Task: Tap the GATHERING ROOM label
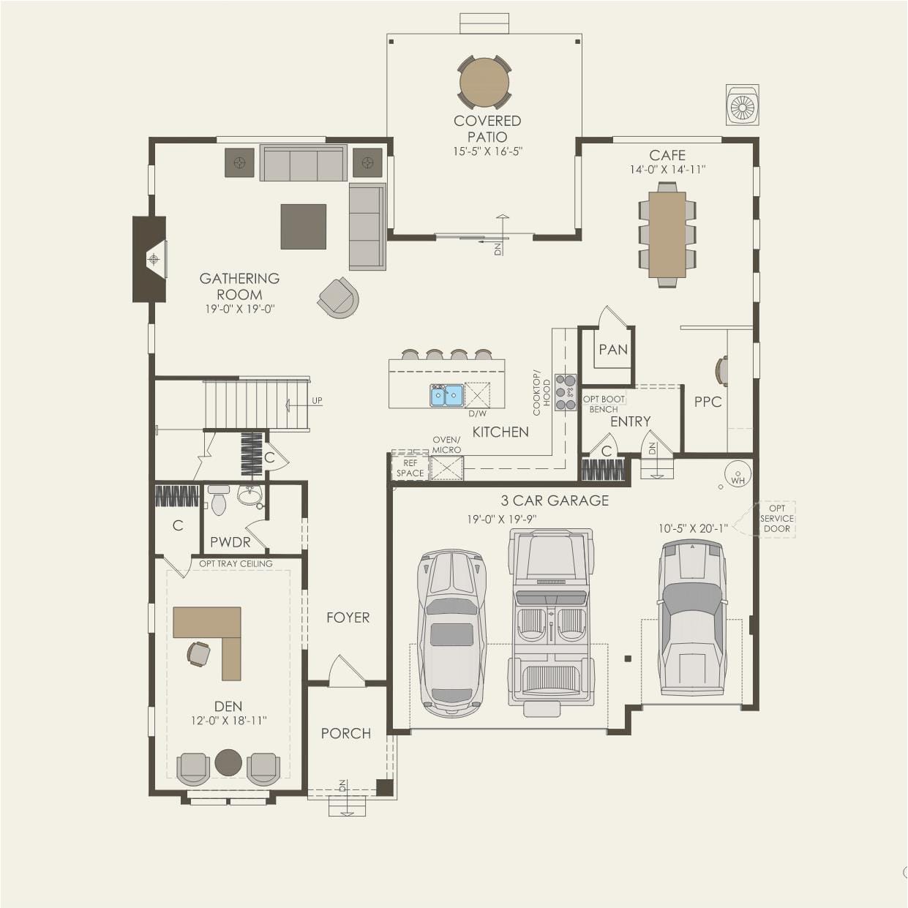239,287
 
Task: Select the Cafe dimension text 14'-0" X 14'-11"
667,170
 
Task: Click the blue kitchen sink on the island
446,395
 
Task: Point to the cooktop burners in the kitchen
566,392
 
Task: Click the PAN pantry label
613,350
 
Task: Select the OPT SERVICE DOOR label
776,519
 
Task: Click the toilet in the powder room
218,500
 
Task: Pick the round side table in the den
228,762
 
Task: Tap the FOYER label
348,618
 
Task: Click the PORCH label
346,733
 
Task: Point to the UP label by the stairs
317,400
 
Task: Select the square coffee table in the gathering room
304,227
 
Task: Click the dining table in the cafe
667,235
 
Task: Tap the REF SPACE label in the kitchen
410,468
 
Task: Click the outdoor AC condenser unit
742,105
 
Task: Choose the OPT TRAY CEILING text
236,563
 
